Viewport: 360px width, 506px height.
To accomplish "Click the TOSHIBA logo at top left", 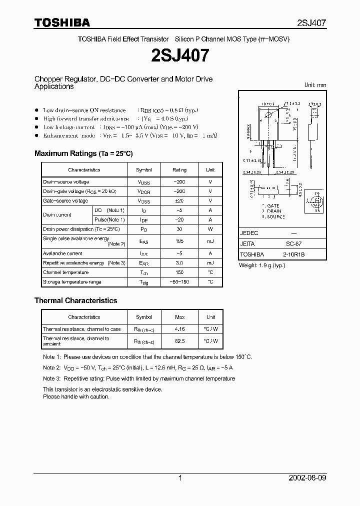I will [x=62, y=22].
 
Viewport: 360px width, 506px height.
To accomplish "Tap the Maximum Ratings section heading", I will [x=83, y=153].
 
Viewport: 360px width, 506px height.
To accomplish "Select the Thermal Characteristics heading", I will [x=75, y=300].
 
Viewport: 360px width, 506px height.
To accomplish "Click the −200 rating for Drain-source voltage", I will [x=179, y=182].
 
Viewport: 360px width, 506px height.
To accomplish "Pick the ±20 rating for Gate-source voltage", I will [x=179, y=201].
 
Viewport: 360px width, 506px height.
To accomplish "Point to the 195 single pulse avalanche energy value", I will [x=179, y=241].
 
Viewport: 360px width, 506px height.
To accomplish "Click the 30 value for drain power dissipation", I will [x=179, y=229].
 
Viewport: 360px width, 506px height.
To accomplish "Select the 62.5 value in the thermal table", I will [x=180, y=341].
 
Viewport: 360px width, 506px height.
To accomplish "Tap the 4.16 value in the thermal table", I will [x=179, y=329].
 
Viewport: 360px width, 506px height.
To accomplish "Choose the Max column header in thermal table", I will [x=180, y=317].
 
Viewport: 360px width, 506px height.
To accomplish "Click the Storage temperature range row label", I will [x=72, y=282].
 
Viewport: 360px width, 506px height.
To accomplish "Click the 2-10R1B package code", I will [x=294, y=254].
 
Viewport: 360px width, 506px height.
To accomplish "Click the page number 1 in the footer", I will [x=180, y=478].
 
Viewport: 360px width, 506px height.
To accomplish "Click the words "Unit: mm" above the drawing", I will [x=315, y=85].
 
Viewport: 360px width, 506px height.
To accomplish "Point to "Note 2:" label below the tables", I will [x=51, y=367].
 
